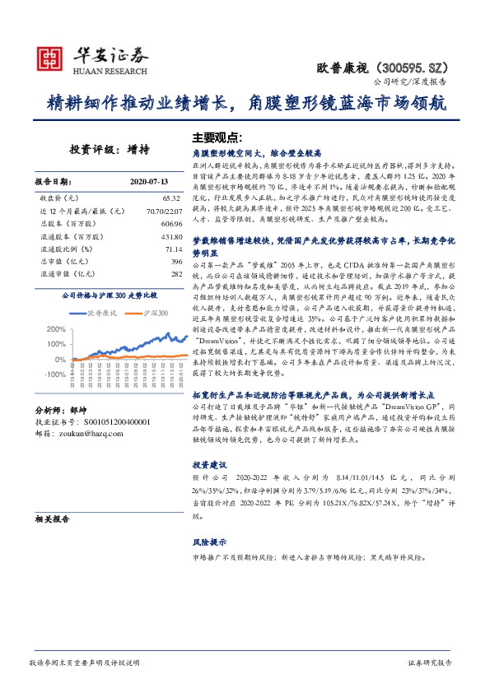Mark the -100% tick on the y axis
click(x=55, y=373)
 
